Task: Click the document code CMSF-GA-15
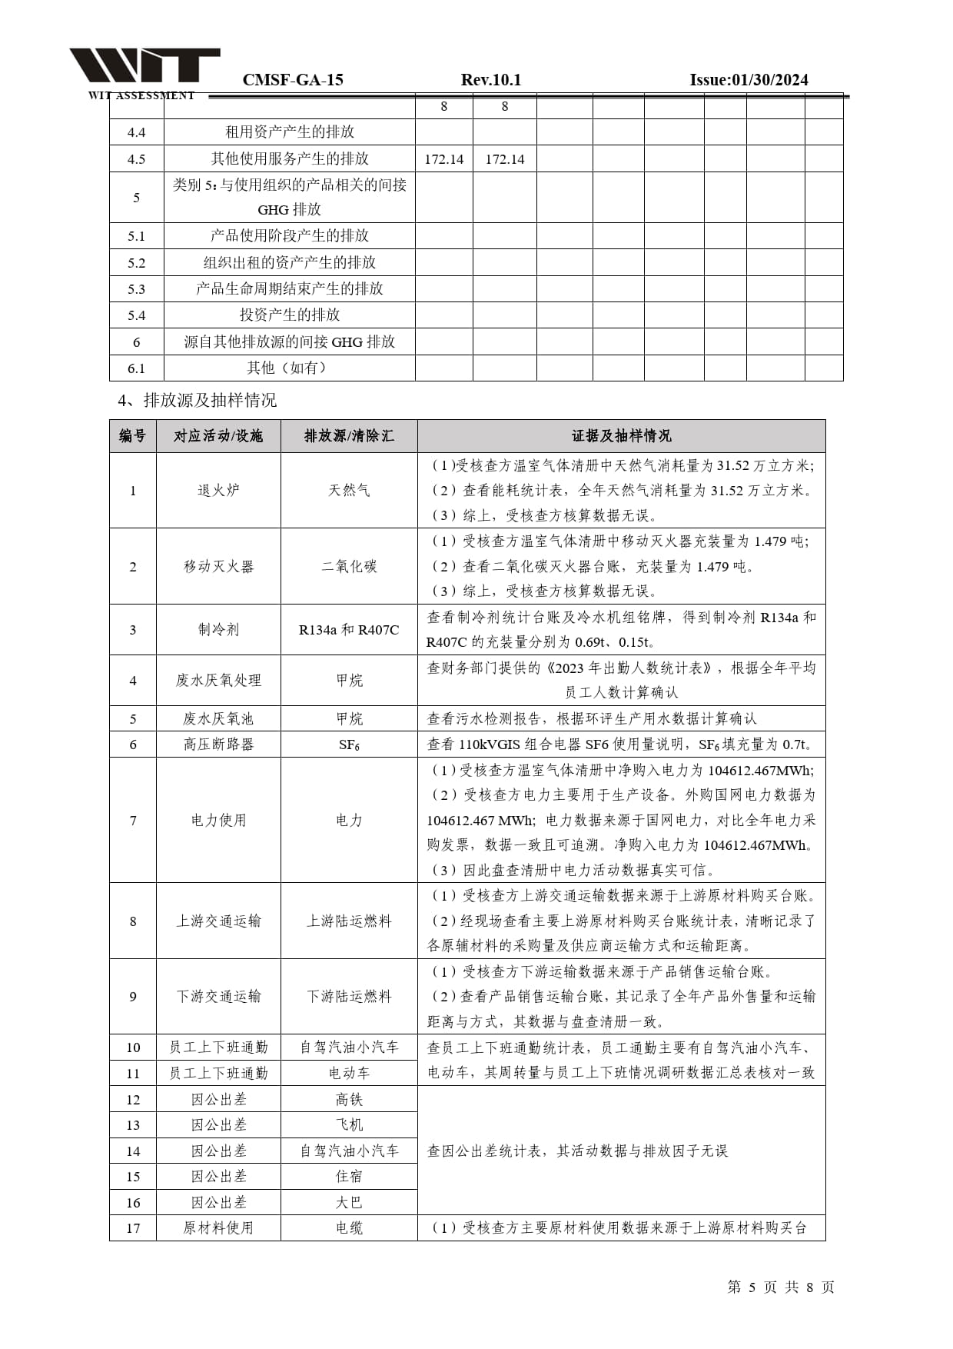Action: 293,80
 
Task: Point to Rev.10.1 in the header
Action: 491,80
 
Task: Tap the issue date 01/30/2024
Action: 749,80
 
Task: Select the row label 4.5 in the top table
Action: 136,159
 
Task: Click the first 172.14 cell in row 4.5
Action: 443,159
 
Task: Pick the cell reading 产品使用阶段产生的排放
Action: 289,236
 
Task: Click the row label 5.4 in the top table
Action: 136,315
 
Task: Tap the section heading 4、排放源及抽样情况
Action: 197,401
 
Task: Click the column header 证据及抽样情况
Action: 621,436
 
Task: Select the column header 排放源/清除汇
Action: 349,436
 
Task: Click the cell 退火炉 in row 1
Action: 218,491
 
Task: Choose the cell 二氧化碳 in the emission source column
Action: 349,567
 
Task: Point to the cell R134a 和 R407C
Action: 349,630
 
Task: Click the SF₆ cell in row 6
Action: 349,744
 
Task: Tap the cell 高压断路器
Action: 218,744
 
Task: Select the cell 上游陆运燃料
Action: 349,921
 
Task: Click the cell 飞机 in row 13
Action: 349,1125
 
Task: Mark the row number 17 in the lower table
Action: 133,1228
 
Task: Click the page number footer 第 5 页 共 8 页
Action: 780,1287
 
